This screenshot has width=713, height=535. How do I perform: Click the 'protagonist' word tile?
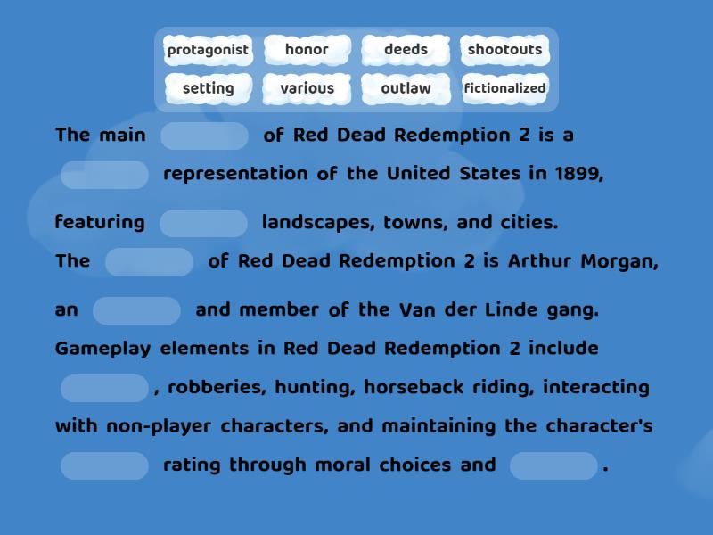coord(208,50)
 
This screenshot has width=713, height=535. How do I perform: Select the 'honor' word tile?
coord(307,50)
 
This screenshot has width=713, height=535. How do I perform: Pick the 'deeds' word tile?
coord(406,50)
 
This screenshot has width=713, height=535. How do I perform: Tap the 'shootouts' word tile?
coord(504,50)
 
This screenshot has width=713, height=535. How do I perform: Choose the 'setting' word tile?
coord(208,88)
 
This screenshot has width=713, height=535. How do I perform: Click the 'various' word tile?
coord(307,88)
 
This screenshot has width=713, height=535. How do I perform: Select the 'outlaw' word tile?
coord(406,88)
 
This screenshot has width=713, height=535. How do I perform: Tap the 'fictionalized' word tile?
coord(504,88)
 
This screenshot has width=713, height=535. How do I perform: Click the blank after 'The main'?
coord(204,136)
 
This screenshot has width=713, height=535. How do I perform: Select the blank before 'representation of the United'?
coord(104,175)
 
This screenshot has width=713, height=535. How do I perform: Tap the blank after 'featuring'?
coord(203,223)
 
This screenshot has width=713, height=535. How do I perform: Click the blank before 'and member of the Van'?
coord(136,310)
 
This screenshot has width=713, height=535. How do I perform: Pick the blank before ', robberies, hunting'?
coord(104,388)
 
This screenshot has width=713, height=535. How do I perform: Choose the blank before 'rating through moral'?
coord(104,465)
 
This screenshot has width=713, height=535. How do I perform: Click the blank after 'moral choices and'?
coord(553,465)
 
